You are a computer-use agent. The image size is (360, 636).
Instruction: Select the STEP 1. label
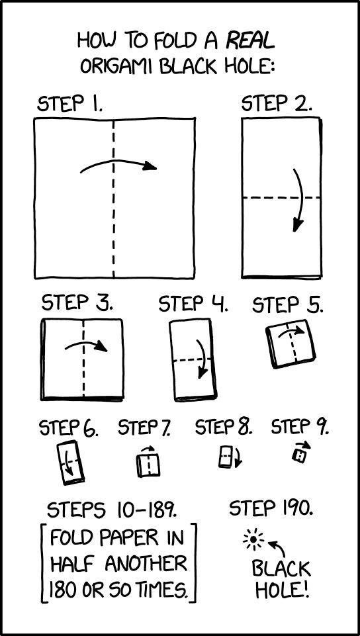coord(69,104)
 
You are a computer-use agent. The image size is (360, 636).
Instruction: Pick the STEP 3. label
coord(77,303)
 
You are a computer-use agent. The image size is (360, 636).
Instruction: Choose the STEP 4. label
coord(193,304)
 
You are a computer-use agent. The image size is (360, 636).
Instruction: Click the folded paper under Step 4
coord(193,360)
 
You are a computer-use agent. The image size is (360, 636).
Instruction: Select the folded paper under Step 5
coord(291,343)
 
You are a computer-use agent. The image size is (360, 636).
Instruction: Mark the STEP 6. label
coord(69,428)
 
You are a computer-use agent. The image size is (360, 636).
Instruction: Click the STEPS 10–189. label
coord(111,510)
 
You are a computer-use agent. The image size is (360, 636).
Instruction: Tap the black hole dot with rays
coord(253,539)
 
